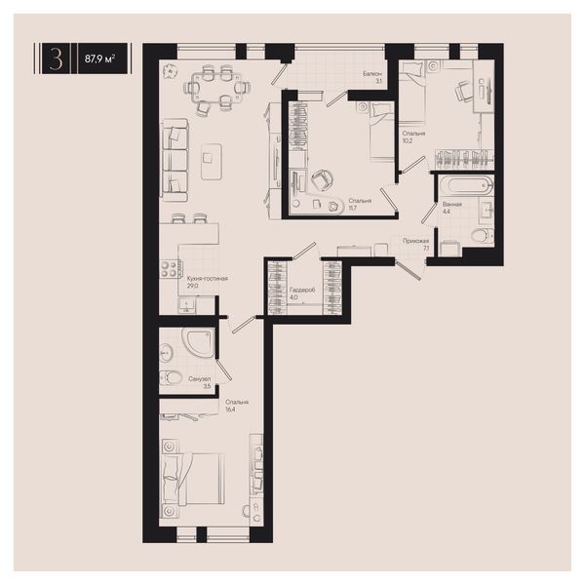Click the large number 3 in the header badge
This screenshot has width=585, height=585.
[56, 58]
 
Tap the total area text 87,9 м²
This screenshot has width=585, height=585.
[99, 58]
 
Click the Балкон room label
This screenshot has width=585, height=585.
[372, 74]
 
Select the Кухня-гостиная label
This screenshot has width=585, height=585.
[208, 278]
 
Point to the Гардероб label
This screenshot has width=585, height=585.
[302, 290]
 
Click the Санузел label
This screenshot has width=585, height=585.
[200, 379]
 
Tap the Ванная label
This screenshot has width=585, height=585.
[452, 205]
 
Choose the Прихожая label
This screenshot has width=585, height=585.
[415, 241]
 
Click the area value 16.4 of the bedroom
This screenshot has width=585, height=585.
[230, 409]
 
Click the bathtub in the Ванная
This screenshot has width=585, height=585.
[466, 185]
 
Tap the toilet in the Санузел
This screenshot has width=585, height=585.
[171, 377]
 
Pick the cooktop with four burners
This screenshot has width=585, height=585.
[169, 269]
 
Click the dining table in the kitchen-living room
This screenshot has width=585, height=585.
[216, 88]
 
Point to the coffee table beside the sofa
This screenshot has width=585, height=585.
[212, 161]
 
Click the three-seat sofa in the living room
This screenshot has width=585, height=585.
[174, 161]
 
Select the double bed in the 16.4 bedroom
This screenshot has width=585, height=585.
[192, 479]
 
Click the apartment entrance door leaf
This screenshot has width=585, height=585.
[409, 271]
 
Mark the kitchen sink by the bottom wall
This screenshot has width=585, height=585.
[186, 305]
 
